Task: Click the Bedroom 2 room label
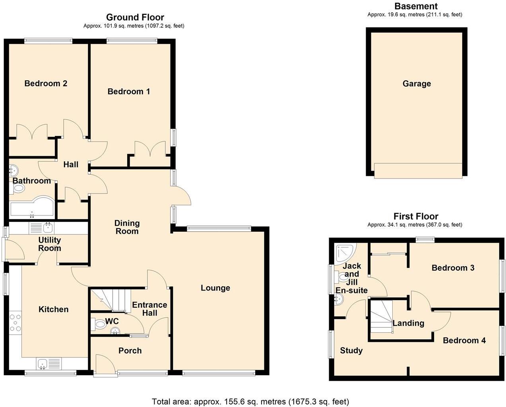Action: [46, 83]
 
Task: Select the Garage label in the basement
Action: [417, 83]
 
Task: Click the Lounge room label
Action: [215, 288]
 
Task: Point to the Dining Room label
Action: [127, 227]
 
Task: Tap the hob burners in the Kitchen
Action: [16, 323]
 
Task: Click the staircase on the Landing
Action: [380, 316]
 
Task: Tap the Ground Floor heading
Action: [135, 17]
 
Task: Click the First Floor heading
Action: [416, 216]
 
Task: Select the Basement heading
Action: [416, 6]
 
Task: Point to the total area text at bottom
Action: [250, 401]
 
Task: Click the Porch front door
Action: [105, 364]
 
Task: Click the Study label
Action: [351, 350]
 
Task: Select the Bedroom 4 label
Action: [464, 340]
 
